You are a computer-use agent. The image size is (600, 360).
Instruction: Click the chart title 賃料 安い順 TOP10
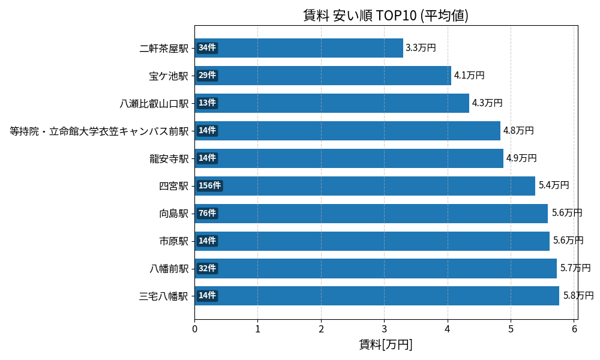pos(385,15)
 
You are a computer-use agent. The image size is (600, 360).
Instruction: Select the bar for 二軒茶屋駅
pos(299,48)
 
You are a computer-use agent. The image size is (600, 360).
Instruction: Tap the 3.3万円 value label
pos(421,48)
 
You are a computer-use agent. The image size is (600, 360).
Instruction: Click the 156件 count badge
pos(209,185)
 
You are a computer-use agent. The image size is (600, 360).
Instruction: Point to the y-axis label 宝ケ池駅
pos(169,76)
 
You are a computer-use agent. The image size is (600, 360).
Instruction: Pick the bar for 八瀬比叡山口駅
pos(332,103)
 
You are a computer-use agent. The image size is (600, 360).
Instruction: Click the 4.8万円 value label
pos(518,131)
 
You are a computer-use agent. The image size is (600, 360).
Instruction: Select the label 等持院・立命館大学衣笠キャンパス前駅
pos(99,131)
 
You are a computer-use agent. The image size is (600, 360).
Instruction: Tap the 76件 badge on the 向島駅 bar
pos(207,213)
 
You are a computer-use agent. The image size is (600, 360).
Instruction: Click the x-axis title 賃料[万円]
pos(385,344)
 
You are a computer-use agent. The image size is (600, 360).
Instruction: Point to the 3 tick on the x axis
pos(385,329)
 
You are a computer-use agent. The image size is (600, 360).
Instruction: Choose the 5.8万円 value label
pos(578,296)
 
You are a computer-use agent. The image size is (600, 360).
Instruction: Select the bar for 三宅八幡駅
pos(377,296)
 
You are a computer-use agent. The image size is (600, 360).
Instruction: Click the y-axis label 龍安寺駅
pos(169,158)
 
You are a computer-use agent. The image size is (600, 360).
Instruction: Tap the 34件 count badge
pos(207,48)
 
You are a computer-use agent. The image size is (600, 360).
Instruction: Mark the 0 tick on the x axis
pos(194,329)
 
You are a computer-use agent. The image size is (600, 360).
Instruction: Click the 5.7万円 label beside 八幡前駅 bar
pos(575,268)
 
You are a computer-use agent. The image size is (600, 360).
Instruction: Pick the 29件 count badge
pos(207,76)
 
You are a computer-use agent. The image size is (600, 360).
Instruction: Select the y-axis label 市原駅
pos(173,241)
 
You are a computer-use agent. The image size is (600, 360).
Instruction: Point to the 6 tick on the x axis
pos(574,329)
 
